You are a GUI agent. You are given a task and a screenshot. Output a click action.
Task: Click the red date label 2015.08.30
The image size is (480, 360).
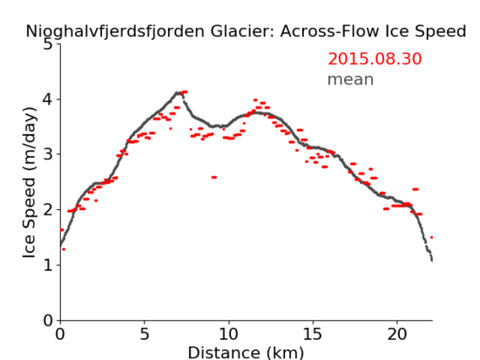click(375, 59)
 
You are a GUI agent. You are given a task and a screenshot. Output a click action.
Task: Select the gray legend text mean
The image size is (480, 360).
click(351, 79)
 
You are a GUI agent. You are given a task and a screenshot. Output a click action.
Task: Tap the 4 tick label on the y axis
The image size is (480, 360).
click(48, 99)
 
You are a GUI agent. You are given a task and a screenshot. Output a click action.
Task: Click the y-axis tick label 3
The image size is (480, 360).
click(48, 154)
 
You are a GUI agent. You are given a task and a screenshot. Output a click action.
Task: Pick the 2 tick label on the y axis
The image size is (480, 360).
click(48, 210)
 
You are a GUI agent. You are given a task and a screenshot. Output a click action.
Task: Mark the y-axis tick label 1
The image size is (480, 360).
click(48, 265)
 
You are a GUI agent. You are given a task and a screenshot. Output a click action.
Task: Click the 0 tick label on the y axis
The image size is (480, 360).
click(48, 320)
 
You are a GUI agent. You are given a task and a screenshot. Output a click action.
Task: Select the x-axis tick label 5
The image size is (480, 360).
click(144, 334)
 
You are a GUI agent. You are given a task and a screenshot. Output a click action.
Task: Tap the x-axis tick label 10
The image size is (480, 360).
click(229, 334)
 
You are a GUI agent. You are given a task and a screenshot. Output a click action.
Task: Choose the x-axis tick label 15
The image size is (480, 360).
click(313, 334)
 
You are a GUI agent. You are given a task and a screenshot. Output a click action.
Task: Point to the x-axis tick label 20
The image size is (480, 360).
click(396, 334)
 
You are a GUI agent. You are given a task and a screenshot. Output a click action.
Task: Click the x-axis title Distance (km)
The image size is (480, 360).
click(245, 352)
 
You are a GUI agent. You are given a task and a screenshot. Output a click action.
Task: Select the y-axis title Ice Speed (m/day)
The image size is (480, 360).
click(29, 182)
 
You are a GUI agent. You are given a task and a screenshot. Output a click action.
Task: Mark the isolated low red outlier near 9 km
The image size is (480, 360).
click(214, 177)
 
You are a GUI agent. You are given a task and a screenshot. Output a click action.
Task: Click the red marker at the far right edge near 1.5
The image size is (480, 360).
click(431, 238)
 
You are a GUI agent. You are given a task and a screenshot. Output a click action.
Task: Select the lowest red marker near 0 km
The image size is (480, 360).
click(63, 250)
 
